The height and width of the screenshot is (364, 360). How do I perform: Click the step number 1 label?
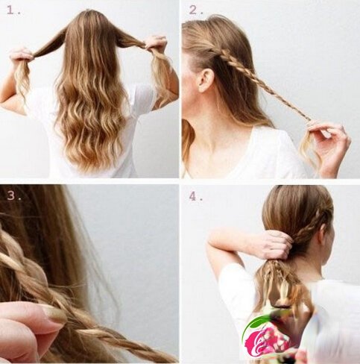[13, 10]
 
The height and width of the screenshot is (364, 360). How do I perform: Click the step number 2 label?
[196, 10]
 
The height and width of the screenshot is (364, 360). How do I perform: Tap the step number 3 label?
[13, 196]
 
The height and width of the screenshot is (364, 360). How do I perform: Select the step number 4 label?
[196, 197]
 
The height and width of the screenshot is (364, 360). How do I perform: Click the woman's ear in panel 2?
[205, 80]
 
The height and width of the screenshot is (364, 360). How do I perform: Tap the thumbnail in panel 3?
[53, 315]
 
